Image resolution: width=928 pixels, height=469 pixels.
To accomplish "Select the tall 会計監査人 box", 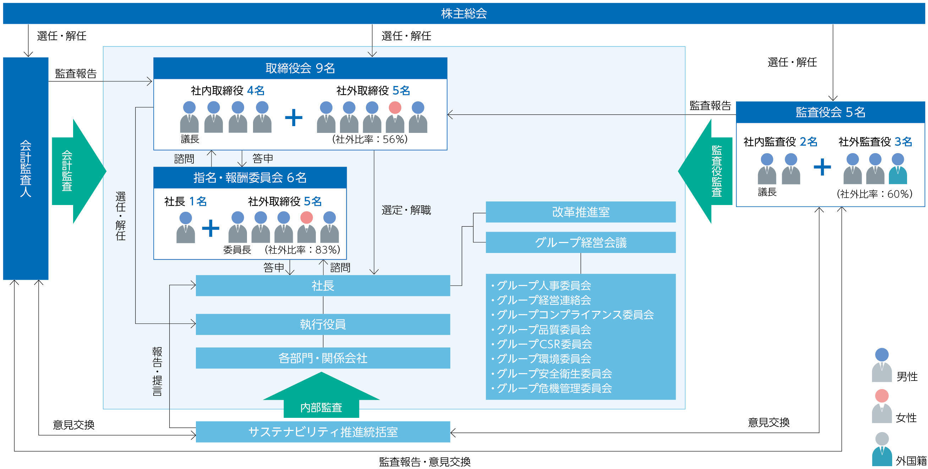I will click(26, 168).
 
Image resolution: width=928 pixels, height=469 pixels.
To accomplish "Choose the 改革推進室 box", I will click(580, 212).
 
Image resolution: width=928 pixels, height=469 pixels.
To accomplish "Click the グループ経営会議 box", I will click(580, 242).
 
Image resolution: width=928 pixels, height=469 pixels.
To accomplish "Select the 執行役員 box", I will click(323, 324).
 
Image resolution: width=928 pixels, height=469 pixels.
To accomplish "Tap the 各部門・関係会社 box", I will click(323, 358).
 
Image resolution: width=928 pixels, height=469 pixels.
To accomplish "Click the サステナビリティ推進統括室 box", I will click(323, 431).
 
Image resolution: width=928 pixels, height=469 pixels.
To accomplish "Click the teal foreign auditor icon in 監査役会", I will click(897, 169).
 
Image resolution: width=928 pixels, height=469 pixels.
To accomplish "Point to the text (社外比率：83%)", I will click(302, 250).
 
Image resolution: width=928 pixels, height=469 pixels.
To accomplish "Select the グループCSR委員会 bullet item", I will click(544, 344).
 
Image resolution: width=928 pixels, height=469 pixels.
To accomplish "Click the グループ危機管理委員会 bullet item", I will click(554, 388).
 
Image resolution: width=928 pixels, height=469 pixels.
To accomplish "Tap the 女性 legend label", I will click(906, 418).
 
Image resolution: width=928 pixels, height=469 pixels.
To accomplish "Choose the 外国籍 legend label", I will click(911, 461).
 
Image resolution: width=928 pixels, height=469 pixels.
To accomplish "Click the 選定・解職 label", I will click(406, 210).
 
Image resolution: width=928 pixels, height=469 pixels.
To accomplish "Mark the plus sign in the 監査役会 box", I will click(822, 167).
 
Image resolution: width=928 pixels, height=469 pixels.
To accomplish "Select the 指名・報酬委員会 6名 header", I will click(250, 178).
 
